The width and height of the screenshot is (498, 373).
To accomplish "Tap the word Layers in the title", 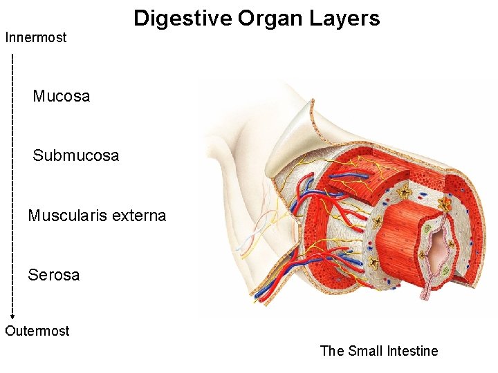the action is pyautogui.click(x=347, y=18).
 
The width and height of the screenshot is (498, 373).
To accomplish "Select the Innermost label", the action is pyautogui.click(x=36, y=37).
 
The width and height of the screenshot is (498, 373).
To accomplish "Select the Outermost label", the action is pyautogui.click(x=37, y=331).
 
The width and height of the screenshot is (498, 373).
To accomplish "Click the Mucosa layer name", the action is pyautogui.click(x=62, y=96).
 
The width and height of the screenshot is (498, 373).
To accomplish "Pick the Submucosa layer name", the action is pyautogui.click(x=76, y=155).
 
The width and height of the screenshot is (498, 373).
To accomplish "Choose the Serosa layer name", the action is pyautogui.click(x=54, y=275).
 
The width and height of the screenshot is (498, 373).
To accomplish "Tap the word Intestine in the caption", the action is pyautogui.click(x=413, y=351).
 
